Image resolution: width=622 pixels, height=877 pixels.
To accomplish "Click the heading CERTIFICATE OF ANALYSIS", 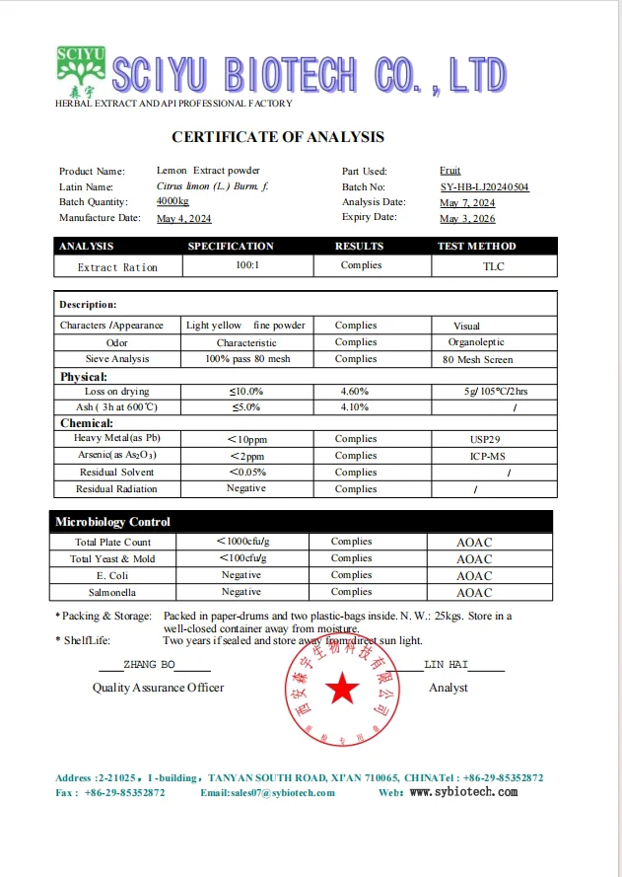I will pos(278,137).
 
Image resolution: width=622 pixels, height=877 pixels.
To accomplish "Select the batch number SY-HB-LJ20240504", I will pos(484,186).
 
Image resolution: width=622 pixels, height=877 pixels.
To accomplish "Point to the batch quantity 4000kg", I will pos(173,201).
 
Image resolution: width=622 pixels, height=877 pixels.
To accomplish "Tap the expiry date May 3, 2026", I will pos(467,218).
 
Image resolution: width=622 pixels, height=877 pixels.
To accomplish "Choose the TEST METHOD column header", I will pos(476,246).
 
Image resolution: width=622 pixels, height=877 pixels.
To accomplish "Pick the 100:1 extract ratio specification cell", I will pos(247,266).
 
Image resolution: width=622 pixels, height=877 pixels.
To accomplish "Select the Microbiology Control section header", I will pos(112,522).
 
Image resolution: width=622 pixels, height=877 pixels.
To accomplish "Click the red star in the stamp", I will pos(343,690).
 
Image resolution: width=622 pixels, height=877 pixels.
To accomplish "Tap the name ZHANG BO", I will pos(149,665).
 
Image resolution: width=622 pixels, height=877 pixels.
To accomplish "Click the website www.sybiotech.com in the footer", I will pos(462,792).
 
